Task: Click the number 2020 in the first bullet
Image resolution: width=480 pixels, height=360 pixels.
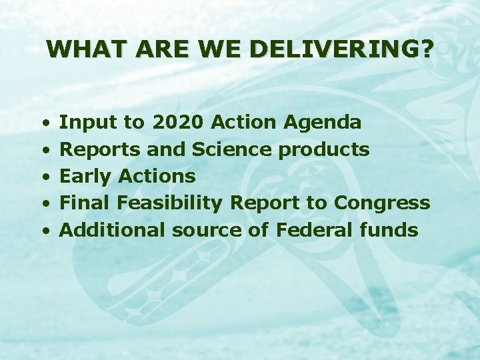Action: (179, 122)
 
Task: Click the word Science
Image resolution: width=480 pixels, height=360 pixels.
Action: (233, 149)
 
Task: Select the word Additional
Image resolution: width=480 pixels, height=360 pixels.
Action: (113, 230)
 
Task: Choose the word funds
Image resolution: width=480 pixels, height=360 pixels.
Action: (389, 230)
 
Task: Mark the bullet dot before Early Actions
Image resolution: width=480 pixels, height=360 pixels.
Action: (45, 177)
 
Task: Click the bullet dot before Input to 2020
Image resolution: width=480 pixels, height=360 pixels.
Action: (45, 123)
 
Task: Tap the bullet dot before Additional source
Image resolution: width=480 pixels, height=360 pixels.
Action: (45, 231)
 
